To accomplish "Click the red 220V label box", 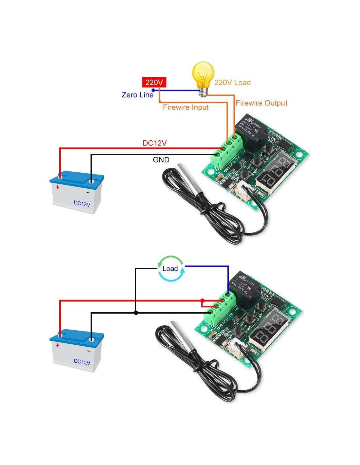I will pos(154,82).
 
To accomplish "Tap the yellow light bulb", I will pos(203,77).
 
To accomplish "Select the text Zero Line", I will pos(137,95).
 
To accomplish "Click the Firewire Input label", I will pos(186,107).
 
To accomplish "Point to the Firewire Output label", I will pos(261,103).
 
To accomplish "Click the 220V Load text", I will pos(232,82).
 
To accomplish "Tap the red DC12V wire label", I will pos(154,143).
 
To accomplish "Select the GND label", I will pos(161,160).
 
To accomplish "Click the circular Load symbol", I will pos(171,269).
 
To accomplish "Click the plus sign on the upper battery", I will pos(58,187).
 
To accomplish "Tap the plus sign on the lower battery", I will pos(58,345).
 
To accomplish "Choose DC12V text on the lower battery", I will pos(82,362).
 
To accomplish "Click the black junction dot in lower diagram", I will pos(136,313).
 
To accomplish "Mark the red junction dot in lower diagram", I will pos(202,300).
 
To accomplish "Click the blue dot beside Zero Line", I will pos(153,90).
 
